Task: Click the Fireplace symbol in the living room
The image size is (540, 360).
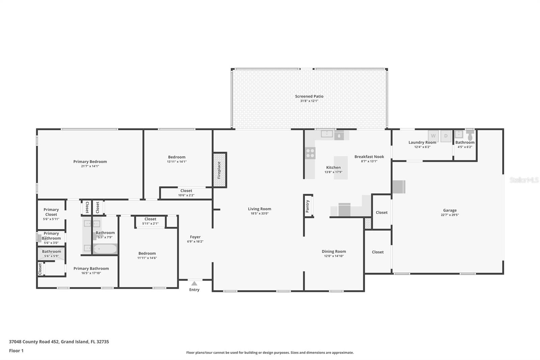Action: [219, 170]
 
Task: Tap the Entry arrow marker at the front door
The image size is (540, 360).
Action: [194, 284]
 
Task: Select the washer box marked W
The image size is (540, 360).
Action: [433, 136]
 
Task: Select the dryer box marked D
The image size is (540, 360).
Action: [446, 136]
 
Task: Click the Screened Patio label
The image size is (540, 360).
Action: [309, 96]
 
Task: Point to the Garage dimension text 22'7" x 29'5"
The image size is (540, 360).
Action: [450, 215]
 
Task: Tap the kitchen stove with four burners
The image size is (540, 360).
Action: [310, 153]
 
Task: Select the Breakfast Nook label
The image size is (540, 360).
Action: [369, 157]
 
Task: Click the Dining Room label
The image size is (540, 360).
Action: [333, 251]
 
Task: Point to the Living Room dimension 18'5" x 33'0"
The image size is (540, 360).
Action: [259, 213]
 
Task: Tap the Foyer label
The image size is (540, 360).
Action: [195, 237]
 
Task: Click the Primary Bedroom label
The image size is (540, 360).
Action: [90, 161]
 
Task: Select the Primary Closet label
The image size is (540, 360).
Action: [51, 212]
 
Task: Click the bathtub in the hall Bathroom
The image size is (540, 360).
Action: [105, 249]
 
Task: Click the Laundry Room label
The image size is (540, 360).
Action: [422, 142]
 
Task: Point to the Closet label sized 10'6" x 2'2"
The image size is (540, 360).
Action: [186, 191]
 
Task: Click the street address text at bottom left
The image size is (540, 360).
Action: [59, 341]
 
